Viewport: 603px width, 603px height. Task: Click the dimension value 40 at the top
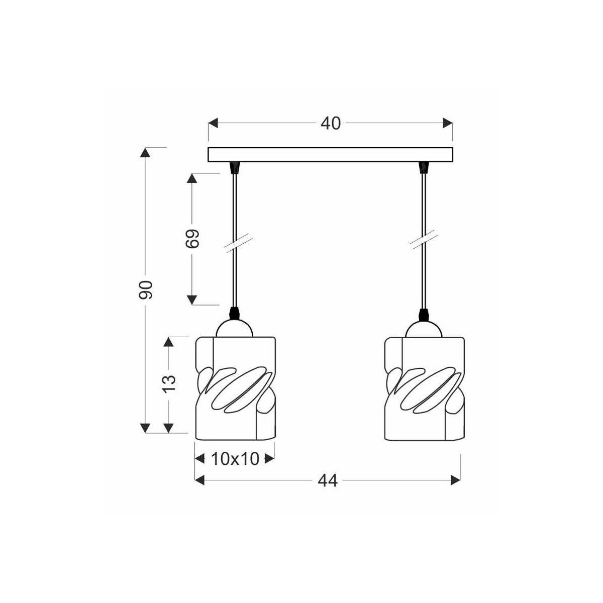331,124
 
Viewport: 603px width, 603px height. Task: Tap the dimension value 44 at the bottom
328,481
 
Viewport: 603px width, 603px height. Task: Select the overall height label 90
146,290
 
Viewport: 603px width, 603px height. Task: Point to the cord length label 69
192,239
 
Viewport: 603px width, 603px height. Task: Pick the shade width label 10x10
235,459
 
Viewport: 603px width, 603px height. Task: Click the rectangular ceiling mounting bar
331,155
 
